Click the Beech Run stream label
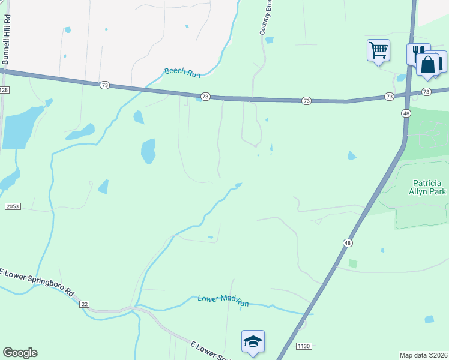[182, 73]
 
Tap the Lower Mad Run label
[223, 301]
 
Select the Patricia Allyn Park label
[429, 187]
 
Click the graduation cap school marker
[253, 342]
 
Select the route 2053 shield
[13, 206]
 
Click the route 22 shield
[85, 304]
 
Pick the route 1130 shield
[304, 346]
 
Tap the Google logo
[20, 353]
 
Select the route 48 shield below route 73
[406, 113]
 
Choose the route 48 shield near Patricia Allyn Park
[348, 242]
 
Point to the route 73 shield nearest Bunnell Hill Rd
[104, 86]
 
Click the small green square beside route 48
[352, 263]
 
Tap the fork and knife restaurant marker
[418, 52]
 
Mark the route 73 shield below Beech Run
[205, 96]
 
